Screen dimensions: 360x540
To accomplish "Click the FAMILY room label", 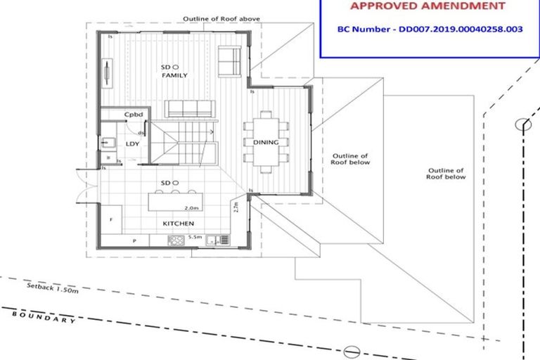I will [x=174, y=75].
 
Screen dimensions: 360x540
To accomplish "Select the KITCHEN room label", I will [x=179, y=224].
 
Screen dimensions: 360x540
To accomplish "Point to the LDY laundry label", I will [x=133, y=144].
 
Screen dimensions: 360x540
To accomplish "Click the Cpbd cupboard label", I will [x=134, y=114].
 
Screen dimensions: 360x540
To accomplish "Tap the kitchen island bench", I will [x=174, y=201].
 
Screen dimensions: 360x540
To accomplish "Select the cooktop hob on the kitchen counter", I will [x=176, y=240].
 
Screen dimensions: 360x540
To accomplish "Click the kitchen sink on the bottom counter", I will [x=224, y=240].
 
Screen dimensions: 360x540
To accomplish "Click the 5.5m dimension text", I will [x=195, y=238].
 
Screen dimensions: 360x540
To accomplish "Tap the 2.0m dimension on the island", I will [x=191, y=209].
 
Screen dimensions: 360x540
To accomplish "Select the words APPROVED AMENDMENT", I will [x=427, y=6].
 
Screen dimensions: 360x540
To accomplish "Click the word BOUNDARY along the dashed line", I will [x=44, y=316].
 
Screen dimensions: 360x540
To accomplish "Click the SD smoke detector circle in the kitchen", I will [x=176, y=183].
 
